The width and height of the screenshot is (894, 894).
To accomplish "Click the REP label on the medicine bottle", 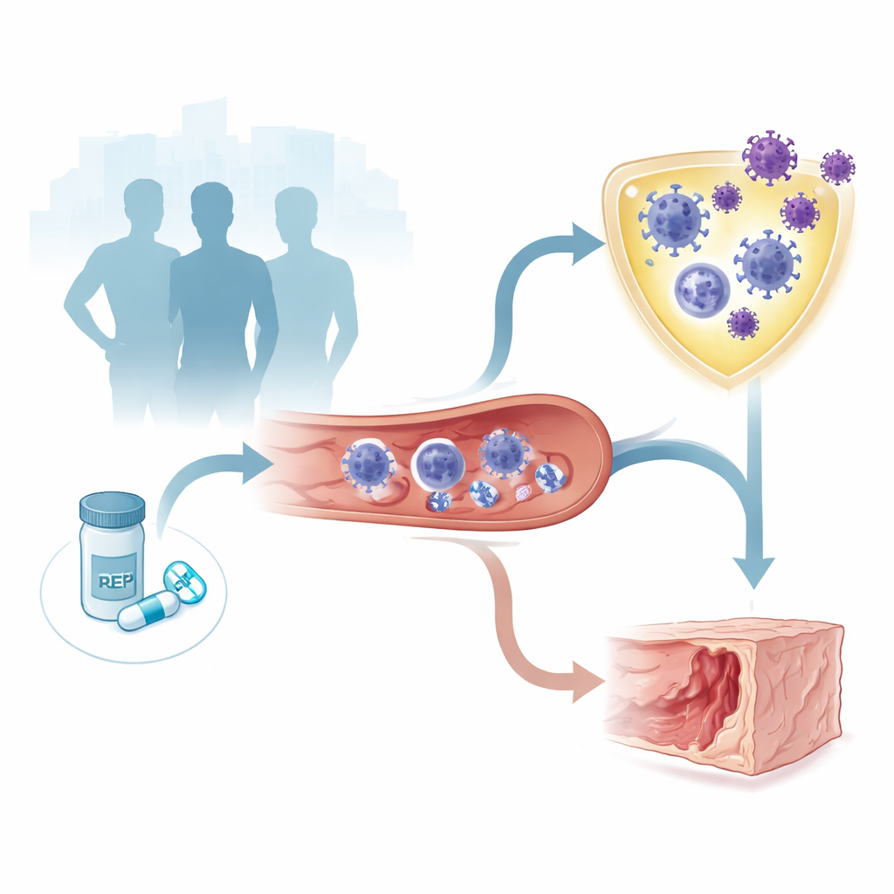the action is point(116,581).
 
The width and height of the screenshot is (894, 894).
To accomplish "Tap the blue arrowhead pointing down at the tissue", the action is point(753,571).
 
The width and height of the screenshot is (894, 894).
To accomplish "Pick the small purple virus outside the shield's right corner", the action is point(837,167).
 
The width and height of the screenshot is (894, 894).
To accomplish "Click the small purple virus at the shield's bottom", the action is point(743,323).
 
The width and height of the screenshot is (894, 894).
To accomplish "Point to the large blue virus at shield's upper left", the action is point(673,220).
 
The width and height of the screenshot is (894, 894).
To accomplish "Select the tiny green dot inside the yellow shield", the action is point(650,262).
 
